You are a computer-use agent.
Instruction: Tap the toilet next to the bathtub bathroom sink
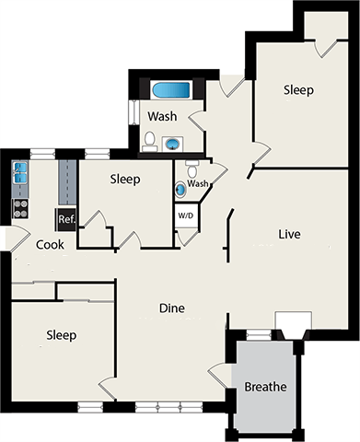pyautogui.click(x=149, y=139)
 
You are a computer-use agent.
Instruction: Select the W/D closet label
pyautogui.click(x=186, y=217)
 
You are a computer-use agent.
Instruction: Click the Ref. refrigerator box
pyautogui.click(x=66, y=219)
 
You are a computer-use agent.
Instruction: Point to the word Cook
pyautogui.click(x=50, y=245)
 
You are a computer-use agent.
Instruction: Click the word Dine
pyautogui.click(x=172, y=308)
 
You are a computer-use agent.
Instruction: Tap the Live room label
pyautogui.click(x=290, y=234)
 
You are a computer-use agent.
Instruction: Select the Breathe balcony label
pyautogui.click(x=265, y=387)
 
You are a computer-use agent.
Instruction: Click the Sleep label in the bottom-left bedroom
pyautogui.click(x=62, y=335)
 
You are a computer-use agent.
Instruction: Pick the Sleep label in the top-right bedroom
pyautogui.click(x=298, y=90)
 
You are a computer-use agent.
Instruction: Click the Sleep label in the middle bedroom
pyautogui.click(x=124, y=180)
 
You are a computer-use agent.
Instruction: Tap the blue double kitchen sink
pyautogui.click(x=21, y=171)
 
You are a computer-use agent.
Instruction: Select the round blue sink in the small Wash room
pyautogui.click(x=180, y=188)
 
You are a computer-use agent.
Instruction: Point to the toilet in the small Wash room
pyautogui.click(x=192, y=169)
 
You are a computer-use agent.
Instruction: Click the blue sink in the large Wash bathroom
pyautogui.click(x=172, y=143)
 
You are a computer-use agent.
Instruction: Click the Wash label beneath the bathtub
pyautogui.click(x=162, y=117)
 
